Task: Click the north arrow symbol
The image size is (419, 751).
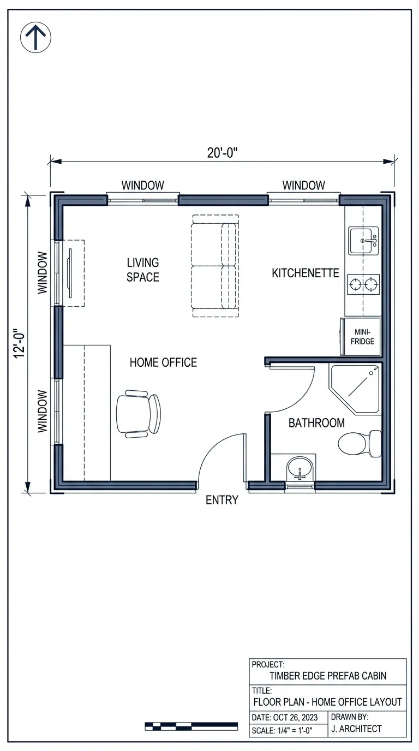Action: (x=35, y=38)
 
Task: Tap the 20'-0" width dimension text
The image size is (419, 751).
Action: (x=222, y=153)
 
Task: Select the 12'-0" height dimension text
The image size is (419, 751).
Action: (x=20, y=343)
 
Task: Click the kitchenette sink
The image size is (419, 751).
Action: (x=364, y=240)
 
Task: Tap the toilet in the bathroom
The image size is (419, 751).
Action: (x=360, y=443)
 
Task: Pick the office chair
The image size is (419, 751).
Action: (x=139, y=413)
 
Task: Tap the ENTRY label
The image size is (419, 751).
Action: (x=222, y=500)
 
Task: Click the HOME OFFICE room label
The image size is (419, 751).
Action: (x=163, y=362)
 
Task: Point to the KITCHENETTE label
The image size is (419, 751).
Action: (x=306, y=273)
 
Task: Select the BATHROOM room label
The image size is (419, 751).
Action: (x=316, y=423)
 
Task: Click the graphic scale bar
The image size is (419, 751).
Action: (x=191, y=726)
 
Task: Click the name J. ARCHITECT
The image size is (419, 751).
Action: (x=356, y=729)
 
